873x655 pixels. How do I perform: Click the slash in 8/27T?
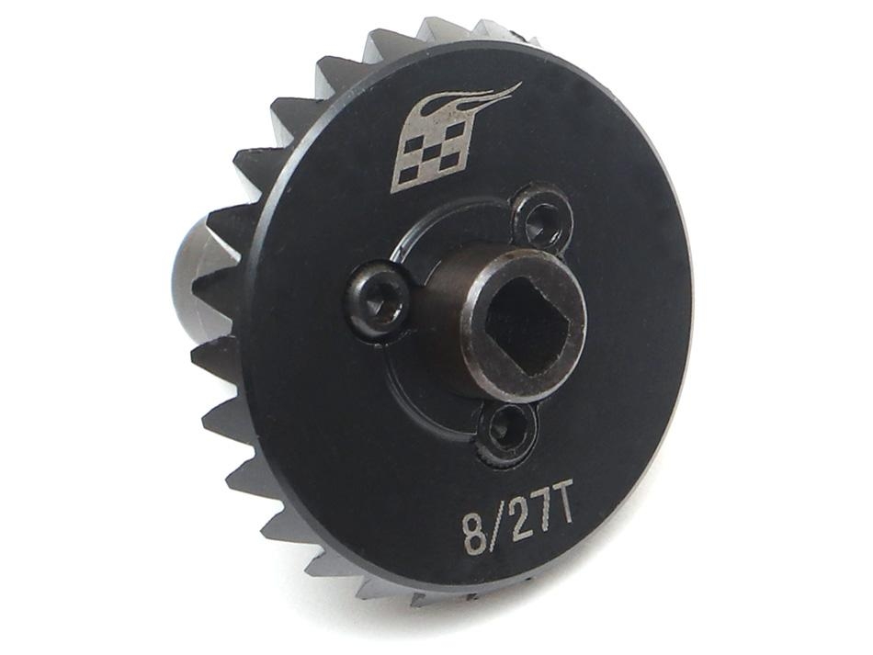(x=497, y=526)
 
